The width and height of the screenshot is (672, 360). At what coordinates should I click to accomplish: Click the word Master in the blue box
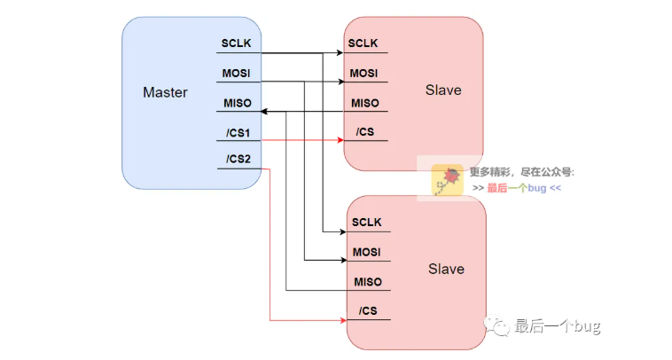click(x=165, y=92)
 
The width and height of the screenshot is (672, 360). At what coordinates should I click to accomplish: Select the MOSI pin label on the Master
click(x=235, y=73)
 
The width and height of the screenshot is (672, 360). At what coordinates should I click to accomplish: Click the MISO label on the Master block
click(x=235, y=103)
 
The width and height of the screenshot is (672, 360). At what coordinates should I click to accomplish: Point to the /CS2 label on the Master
click(x=238, y=160)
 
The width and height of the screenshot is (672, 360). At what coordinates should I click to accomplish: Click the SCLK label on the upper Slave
click(x=363, y=43)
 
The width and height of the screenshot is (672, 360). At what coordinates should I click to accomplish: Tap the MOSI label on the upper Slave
click(x=363, y=73)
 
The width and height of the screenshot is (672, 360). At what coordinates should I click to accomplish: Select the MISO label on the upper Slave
click(x=364, y=103)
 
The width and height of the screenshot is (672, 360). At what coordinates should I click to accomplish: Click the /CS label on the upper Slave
click(x=363, y=132)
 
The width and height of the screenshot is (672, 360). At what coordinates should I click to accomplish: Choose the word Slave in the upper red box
click(x=443, y=90)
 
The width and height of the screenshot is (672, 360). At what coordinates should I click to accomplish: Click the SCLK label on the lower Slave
click(x=367, y=223)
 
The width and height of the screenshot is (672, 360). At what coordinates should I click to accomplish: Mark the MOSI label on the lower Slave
click(x=367, y=252)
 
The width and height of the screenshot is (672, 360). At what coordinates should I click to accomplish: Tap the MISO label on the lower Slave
click(x=367, y=282)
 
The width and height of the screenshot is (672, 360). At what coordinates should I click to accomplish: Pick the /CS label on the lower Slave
click(x=368, y=310)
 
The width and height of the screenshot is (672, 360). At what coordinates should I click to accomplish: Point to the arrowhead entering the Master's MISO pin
click(x=266, y=112)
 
